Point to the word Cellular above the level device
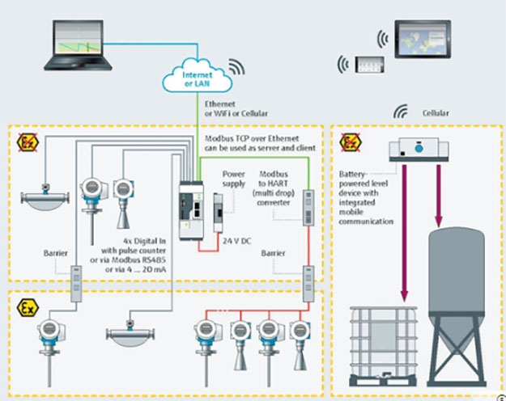coord(436,113)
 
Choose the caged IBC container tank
coord(381,344)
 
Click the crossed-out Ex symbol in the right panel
coord(350,144)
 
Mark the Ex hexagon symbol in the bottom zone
coord(26,307)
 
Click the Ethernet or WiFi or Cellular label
coord(236,109)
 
